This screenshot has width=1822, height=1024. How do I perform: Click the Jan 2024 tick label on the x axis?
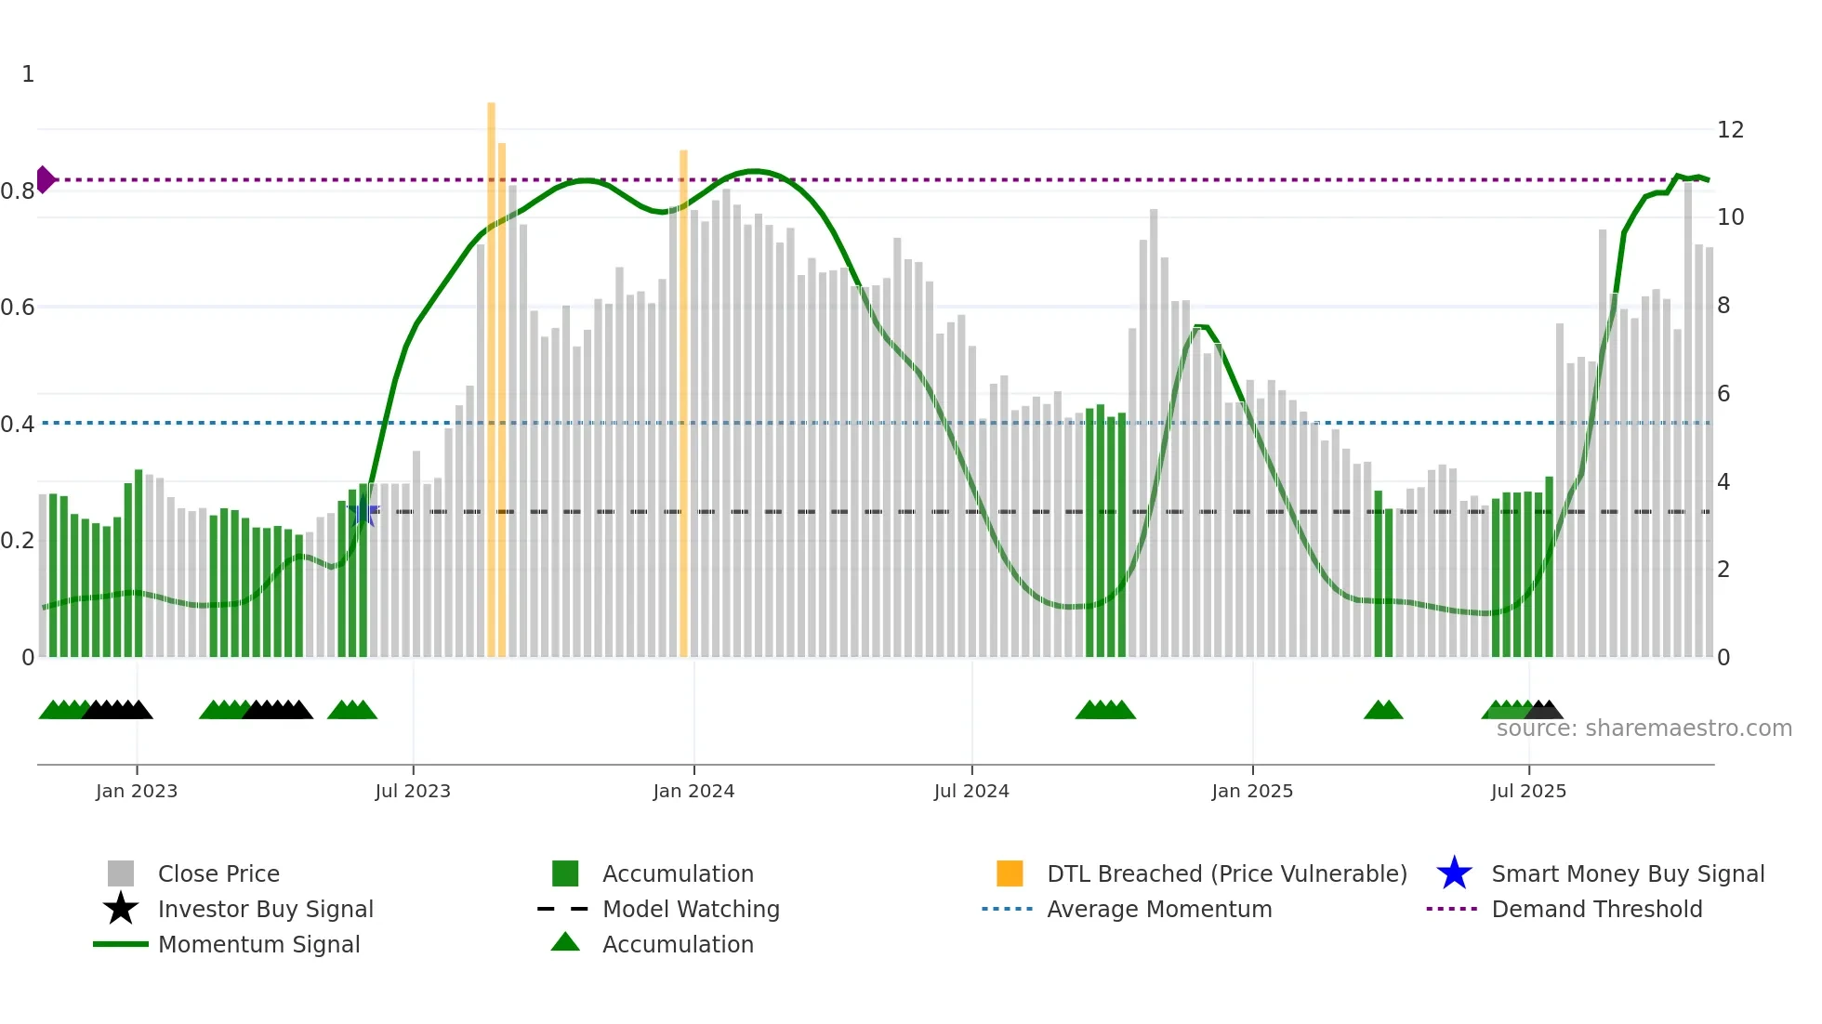pyautogui.click(x=693, y=791)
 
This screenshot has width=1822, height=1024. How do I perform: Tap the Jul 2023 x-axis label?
pyautogui.click(x=413, y=791)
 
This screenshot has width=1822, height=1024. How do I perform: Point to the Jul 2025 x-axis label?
pyautogui.click(x=1528, y=791)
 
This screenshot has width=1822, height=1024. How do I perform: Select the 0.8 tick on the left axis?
pyautogui.click(x=18, y=191)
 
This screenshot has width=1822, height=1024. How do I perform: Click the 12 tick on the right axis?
pyautogui.click(x=1730, y=130)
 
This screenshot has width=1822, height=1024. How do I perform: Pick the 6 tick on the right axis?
pyautogui.click(x=1723, y=394)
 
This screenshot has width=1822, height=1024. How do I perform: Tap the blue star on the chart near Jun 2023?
pyautogui.click(x=363, y=511)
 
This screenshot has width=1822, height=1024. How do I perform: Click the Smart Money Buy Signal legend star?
pyautogui.click(x=1454, y=873)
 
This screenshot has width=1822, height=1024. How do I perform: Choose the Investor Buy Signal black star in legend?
pyautogui.click(x=121, y=909)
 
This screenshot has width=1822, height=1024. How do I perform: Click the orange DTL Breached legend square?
pyautogui.click(x=1010, y=873)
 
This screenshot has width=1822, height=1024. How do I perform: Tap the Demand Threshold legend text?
pyautogui.click(x=1596, y=909)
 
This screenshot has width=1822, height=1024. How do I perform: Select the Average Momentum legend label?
pyautogui.click(x=1159, y=909)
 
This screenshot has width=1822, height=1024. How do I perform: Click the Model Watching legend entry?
pyautogui.click(x=691, y=909)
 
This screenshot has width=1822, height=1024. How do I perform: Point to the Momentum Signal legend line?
pyautogui.click(x=121, y=944)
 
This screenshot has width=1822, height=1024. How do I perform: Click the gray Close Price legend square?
pyautogui.click(x=121, y=873)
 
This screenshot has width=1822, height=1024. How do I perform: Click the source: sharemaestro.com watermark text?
pyautogui.click(x=1644, y=729)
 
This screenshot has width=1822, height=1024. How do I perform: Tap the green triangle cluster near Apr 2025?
pyautogui.click(x=1383, y=711)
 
